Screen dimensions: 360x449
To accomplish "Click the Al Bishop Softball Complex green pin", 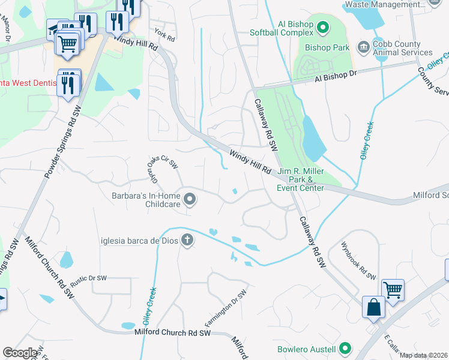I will tap(323, 27).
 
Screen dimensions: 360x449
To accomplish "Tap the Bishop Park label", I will tap(327, 47).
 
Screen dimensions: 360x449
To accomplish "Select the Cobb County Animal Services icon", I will tap(363, 47).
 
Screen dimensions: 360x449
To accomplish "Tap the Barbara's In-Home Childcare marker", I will tap(190, 199).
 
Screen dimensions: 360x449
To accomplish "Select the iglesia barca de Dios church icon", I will tap(187, 241).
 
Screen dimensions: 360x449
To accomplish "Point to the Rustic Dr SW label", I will tap(88, 278).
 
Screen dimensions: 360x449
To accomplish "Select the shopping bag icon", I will tap(373, 307).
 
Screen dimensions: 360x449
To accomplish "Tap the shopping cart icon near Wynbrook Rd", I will tap(393, 290).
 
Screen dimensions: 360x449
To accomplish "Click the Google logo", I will tap(20, 353).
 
